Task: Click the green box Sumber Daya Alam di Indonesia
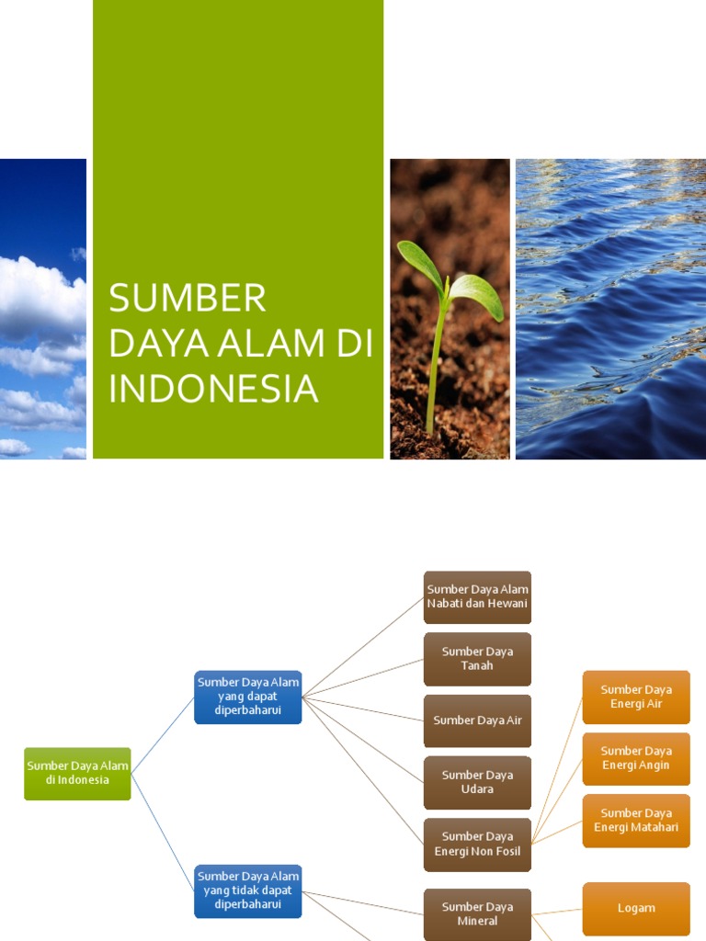pyautogui.click(x=77, y=773)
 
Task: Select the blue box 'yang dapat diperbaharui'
pyautogui.click(x=248, y=697)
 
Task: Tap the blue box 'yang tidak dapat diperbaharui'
pyautogui.click(x=248, y=890)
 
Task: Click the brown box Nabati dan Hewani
pyautogui.click(x=477, y=596)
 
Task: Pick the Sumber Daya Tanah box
pyautogui.click(x=477, y=659)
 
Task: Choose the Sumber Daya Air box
pyautogui.click(x=477, y=720)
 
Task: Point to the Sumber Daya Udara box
pyautogui.click(x=477, y=782)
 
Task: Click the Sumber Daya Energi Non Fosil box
pyautogui.click(x=477, y=844)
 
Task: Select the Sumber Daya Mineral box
pyautogui.click(x=477, y=913)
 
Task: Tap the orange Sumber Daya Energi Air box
pyautogui.click(x=636, y=697)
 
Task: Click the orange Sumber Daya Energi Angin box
pyautogui.click(x=636, y=758)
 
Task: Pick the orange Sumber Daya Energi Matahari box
pyautogui.click(x=636, y=820)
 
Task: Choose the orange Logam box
pyautogui.click(x=636, y=908)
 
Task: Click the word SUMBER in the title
pyautogui.click(x=188, y=300)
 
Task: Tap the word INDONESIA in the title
pyautogui.click(x=213, y=389)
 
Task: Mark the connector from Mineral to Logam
pyautogui.click(x=557, y=911)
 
